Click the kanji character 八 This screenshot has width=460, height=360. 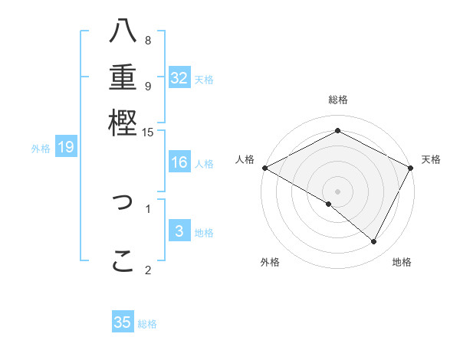click(x=123, y=33)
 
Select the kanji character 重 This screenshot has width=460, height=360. click(x=123, y=77)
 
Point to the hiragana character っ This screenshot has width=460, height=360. click(x=123, y=203)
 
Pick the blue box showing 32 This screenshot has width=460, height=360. click(x=179, y=78)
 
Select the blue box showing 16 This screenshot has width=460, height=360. click(x=179, y=162)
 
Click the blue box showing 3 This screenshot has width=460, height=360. click(x=179, y=231)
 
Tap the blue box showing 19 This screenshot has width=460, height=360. click(x=66, y=148)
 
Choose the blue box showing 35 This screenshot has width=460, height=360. click(x=123, y=322)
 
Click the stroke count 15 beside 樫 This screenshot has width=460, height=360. click(x=148, y=133)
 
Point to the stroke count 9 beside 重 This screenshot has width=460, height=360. click(x=148, y=86)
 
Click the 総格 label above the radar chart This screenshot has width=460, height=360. click(x=338, y=100)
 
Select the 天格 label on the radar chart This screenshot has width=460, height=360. click(x=431, y=159)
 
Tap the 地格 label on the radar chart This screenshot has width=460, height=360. click(x=402, y=262)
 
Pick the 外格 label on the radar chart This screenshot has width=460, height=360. click(x=270, y=262)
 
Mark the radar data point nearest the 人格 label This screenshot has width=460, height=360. click(x=264, y=168)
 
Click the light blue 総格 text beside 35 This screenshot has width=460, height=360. click(x=147, y=324)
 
